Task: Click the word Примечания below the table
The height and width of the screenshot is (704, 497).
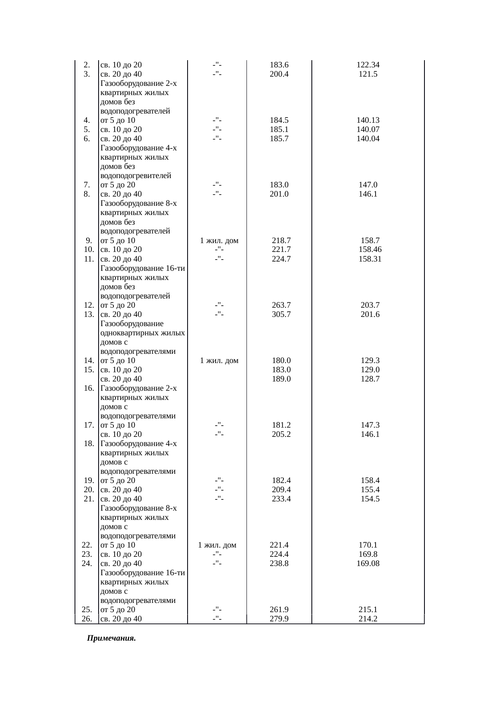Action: [111, 638]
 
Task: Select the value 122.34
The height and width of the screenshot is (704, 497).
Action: [368, 65]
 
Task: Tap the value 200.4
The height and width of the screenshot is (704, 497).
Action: [279, 74]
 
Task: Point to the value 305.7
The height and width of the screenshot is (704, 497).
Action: [281, 314]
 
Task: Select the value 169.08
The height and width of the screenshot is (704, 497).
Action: [368, 564]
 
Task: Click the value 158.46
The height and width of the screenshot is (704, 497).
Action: [370, 250]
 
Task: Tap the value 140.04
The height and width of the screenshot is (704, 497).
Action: [368, 139]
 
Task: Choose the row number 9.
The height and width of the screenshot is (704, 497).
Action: [89, 241]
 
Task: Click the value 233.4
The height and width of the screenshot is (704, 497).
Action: [281, 499]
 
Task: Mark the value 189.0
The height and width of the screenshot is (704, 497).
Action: [281, 379]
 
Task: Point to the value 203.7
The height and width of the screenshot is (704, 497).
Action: [370, 305]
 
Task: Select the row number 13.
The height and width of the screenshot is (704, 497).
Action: [89, 314]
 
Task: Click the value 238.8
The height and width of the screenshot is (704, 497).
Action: [279, 564]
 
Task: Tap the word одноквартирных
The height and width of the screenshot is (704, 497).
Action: [142, 333]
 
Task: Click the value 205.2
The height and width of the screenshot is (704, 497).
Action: [281, 434]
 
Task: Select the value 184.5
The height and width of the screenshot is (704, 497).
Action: [279, 120]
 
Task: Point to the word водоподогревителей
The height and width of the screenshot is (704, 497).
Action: [135, 176]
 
